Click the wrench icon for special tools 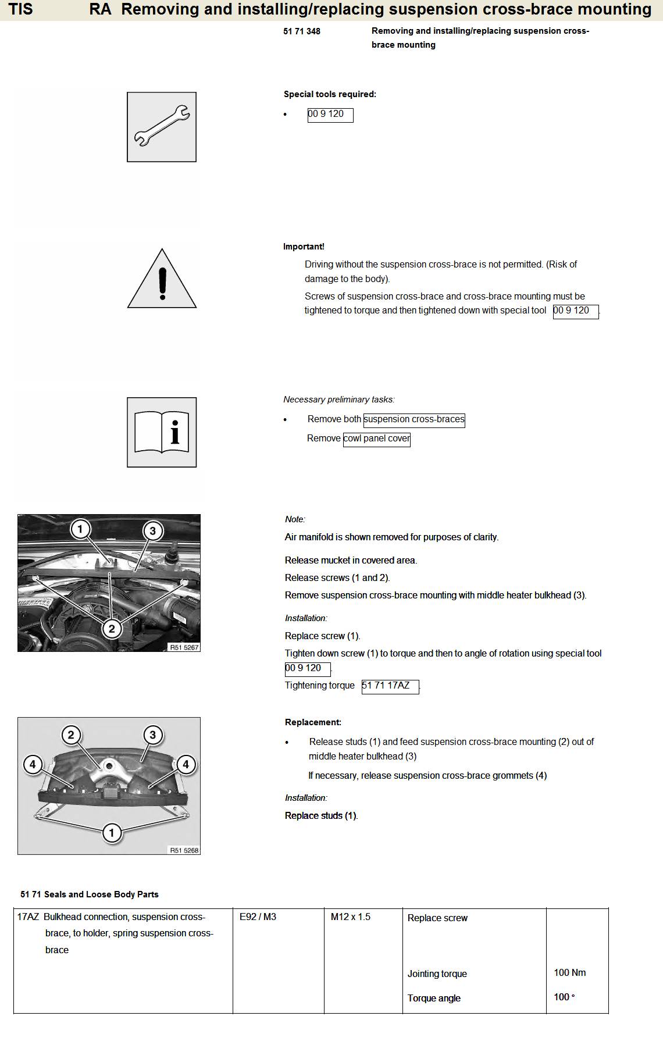pyautogui.click(x=162, y=127)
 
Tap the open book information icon pyautogui.click(x=162, y=432)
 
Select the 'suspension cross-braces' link pyautogui.click(x=414, y=419)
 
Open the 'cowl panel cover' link pyautogui.click(x=377, y=438)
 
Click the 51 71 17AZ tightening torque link pyautogui.click(x=390, y=686)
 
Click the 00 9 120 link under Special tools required pyautogui.click(x=330, y=114)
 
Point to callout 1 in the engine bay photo pyautogui.click(x=80, y=529)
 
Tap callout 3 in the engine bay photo pyautogui.click(x=153, y=530)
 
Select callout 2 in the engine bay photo pyautogui.click(x=112, y=628)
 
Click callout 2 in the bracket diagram pyautogui.click(x=71, y=735)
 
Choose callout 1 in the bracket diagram pyautogui.click(x=112, y=832)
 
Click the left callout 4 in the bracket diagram pyautogui.click(x=33, y=764)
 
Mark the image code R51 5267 pyautogui.click(x=184, y=647)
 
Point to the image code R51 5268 pyautogui.click(x=184, y=850)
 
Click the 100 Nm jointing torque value pyautogui.click(x=569, y=972)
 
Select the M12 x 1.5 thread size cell pyautogui.click(x=350, y=917)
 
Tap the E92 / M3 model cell pyautogui.click(x=258, y=917)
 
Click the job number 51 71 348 pyautogui.click(x=302, y=31)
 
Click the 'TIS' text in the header pyautogui.click(x=21, y=9)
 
